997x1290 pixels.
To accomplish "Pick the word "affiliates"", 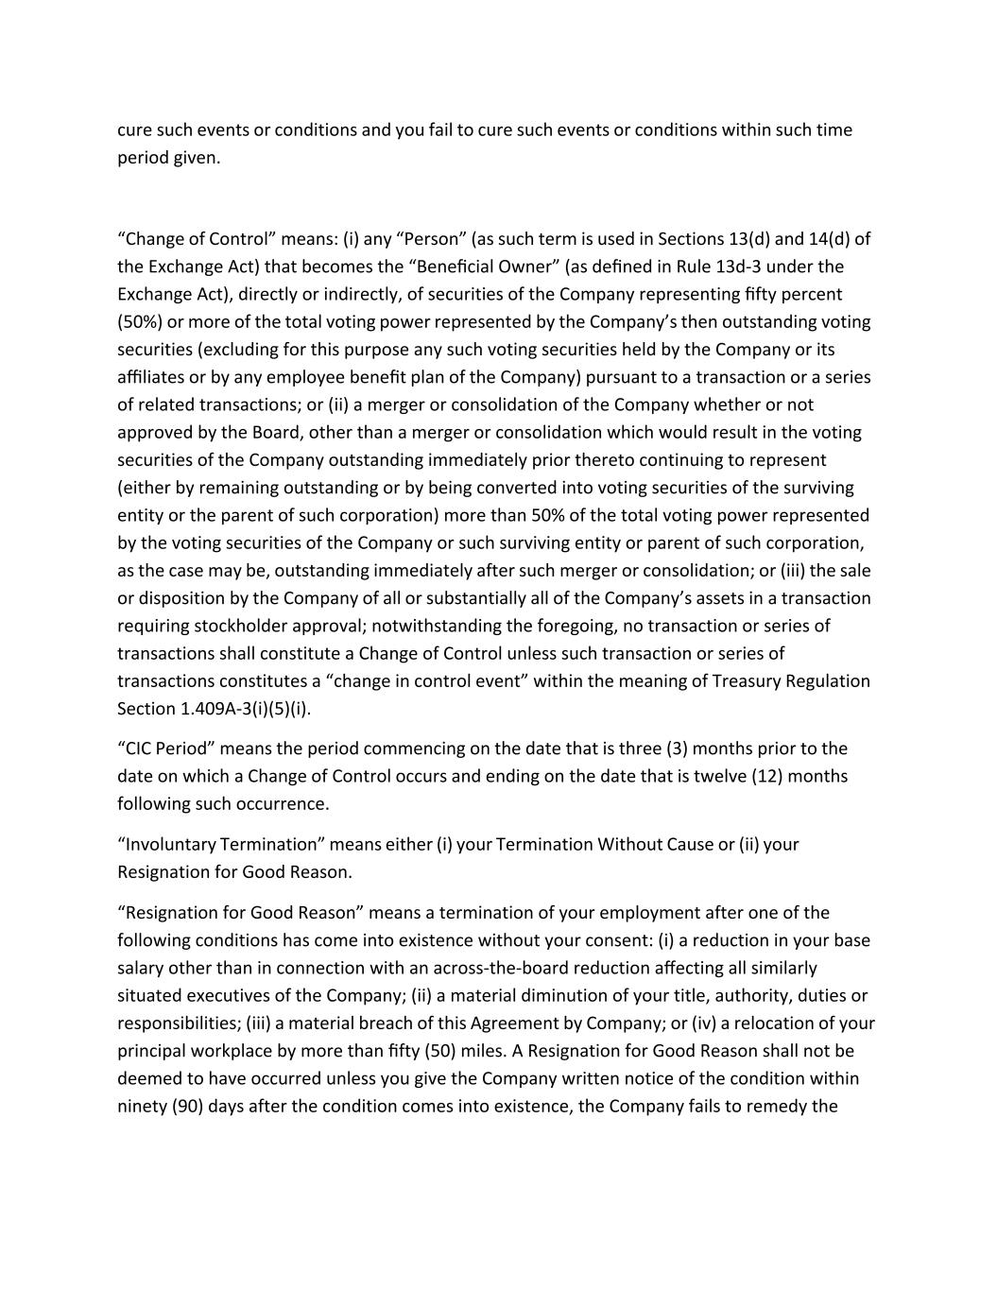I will coord(150,377).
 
